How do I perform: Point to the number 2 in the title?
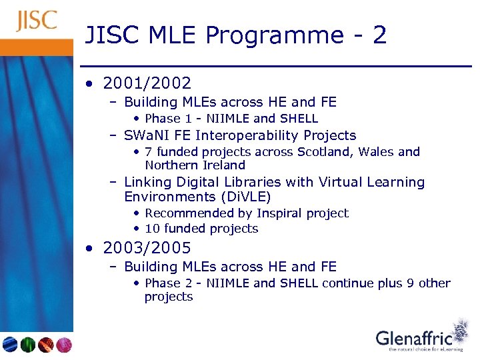pos(379,35)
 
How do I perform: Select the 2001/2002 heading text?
pos(147,83)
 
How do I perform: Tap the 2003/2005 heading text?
pos(147,248)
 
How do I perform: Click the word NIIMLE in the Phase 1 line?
pos(228,119)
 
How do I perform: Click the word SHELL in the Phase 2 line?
pos(299,283)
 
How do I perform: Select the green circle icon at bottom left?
pos(28,345)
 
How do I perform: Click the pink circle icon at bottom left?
pos(64,345)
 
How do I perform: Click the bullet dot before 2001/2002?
pos(90,84)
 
